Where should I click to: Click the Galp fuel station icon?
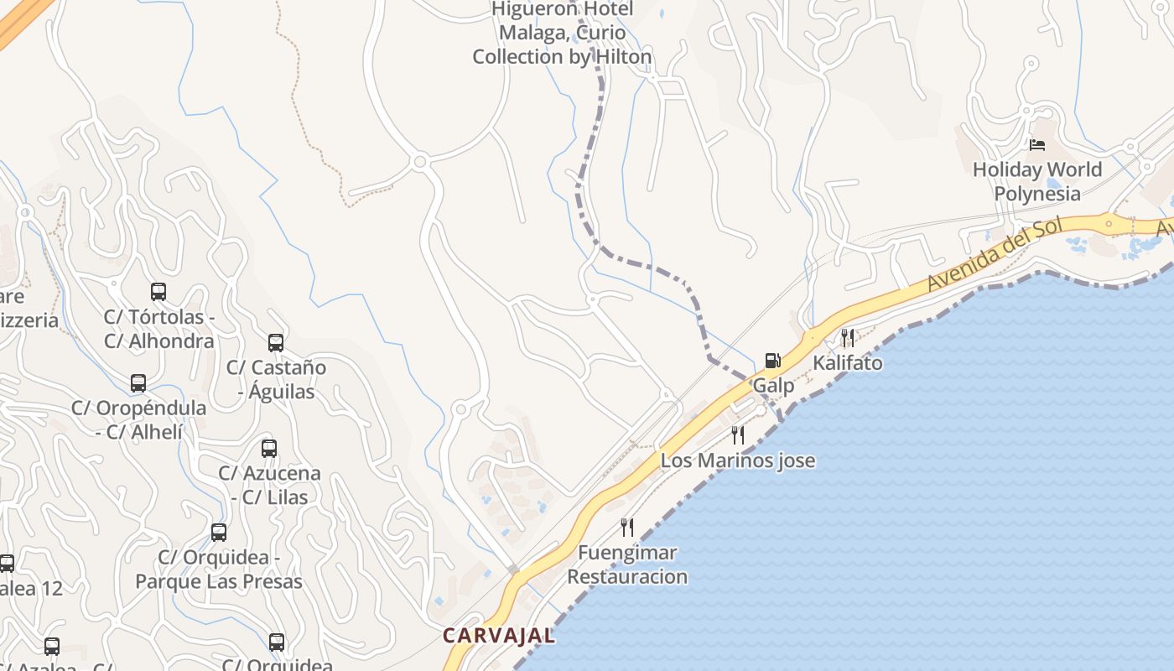tap(772, 362)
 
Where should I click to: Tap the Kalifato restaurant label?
tap(848, 363)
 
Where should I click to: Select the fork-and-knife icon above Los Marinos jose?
tap(738, 434)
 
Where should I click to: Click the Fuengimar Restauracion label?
tap(627, 564)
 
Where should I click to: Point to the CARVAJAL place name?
tap(499, 635)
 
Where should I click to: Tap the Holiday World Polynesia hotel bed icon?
tap(1037, 145)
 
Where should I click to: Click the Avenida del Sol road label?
tap(995, 254)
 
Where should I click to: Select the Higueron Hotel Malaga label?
tap(562, 33)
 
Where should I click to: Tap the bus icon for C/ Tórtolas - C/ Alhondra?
tap(158, 292)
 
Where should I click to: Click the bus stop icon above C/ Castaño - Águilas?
tap(276, 342)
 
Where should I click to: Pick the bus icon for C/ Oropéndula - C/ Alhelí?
tap(138, 383)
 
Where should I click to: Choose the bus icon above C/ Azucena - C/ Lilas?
tap(269, 448)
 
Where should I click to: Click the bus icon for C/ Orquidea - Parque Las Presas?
tap(219, 533)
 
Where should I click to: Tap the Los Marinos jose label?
tap(738, 460)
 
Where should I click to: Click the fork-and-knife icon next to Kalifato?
tap(848, 338)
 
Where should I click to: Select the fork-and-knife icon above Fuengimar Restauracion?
tap(627, 527)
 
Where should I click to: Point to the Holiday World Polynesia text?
tap(1037, 181)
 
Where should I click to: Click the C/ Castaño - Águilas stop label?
tap(276, 379)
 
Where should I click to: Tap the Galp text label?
tap(773, 386)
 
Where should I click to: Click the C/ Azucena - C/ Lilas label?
tap(269, 485)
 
